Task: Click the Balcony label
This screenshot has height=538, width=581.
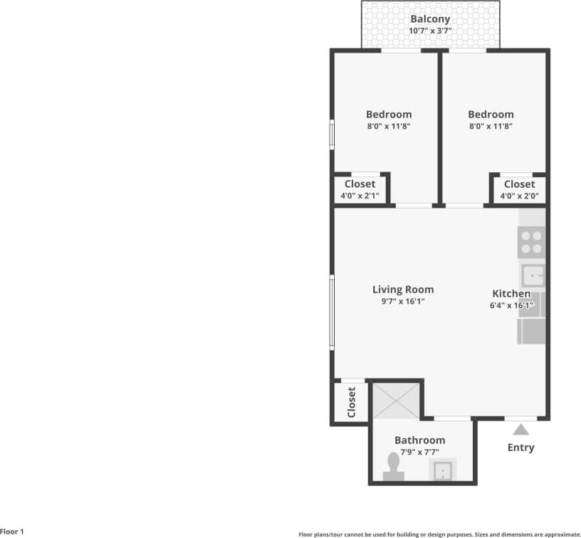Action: (x=430, y=19)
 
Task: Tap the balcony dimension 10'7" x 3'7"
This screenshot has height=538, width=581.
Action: (x=430, y=31)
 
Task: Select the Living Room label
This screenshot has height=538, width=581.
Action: (x=403, y=290)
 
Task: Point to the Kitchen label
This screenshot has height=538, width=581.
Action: (x=511, y=293)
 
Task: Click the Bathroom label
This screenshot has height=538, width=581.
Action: (x=419, y=441)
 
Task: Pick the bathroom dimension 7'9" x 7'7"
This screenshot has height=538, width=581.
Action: (x=419, y=452)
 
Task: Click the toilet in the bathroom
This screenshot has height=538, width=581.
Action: (x=393, y=468)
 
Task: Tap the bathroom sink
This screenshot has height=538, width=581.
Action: (x=442, y=470)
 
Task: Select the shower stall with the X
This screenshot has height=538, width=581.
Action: (x=396, y=401)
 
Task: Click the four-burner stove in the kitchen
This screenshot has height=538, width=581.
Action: (x=531, y=242)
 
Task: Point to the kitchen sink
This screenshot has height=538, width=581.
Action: (x=533, y=275)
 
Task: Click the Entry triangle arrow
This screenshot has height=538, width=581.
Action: (x=520, y=429)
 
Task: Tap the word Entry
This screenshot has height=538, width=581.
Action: (x=520, y=448)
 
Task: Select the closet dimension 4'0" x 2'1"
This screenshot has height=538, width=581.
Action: (x=360, y=196)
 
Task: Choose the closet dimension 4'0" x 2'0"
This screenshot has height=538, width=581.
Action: (x=519, y=196)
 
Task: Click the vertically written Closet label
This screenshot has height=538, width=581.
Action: (x=351, y=403)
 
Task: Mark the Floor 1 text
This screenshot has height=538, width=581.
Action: (x=12, y=532)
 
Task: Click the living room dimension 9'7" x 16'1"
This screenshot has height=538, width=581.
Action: (x=403, y=301)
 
